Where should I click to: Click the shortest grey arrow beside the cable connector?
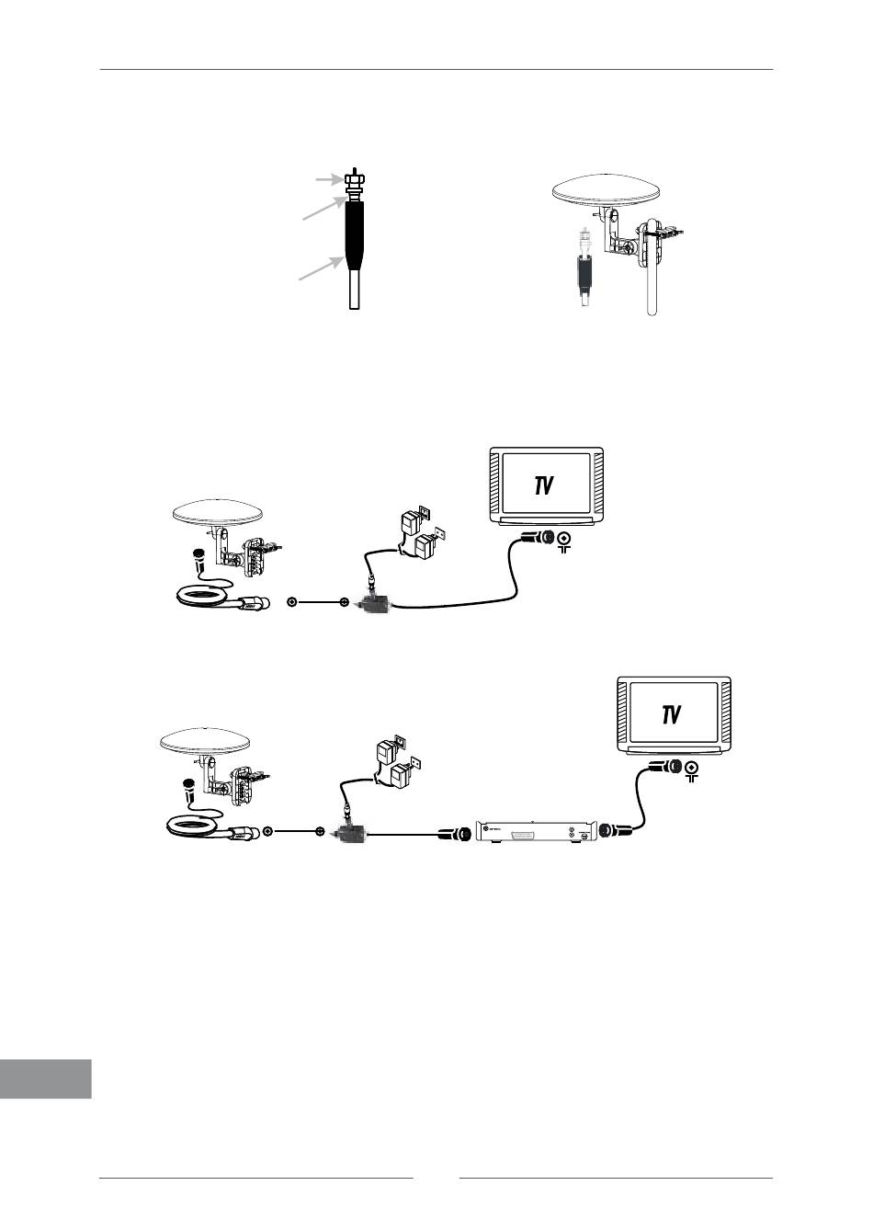[330, 179]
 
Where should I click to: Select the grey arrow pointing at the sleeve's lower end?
[322, 268]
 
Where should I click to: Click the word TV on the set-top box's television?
[672, 715]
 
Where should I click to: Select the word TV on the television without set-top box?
[543, 485]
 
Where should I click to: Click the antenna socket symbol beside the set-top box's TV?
[692, 769]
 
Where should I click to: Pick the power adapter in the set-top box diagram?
[394, 763]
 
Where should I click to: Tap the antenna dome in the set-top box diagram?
[205, 741]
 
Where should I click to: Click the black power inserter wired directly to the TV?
[374, 604]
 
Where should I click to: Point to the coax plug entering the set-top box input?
[454, 834]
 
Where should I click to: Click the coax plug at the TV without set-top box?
[538, 538]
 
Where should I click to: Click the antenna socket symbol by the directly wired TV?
[564, 541]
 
